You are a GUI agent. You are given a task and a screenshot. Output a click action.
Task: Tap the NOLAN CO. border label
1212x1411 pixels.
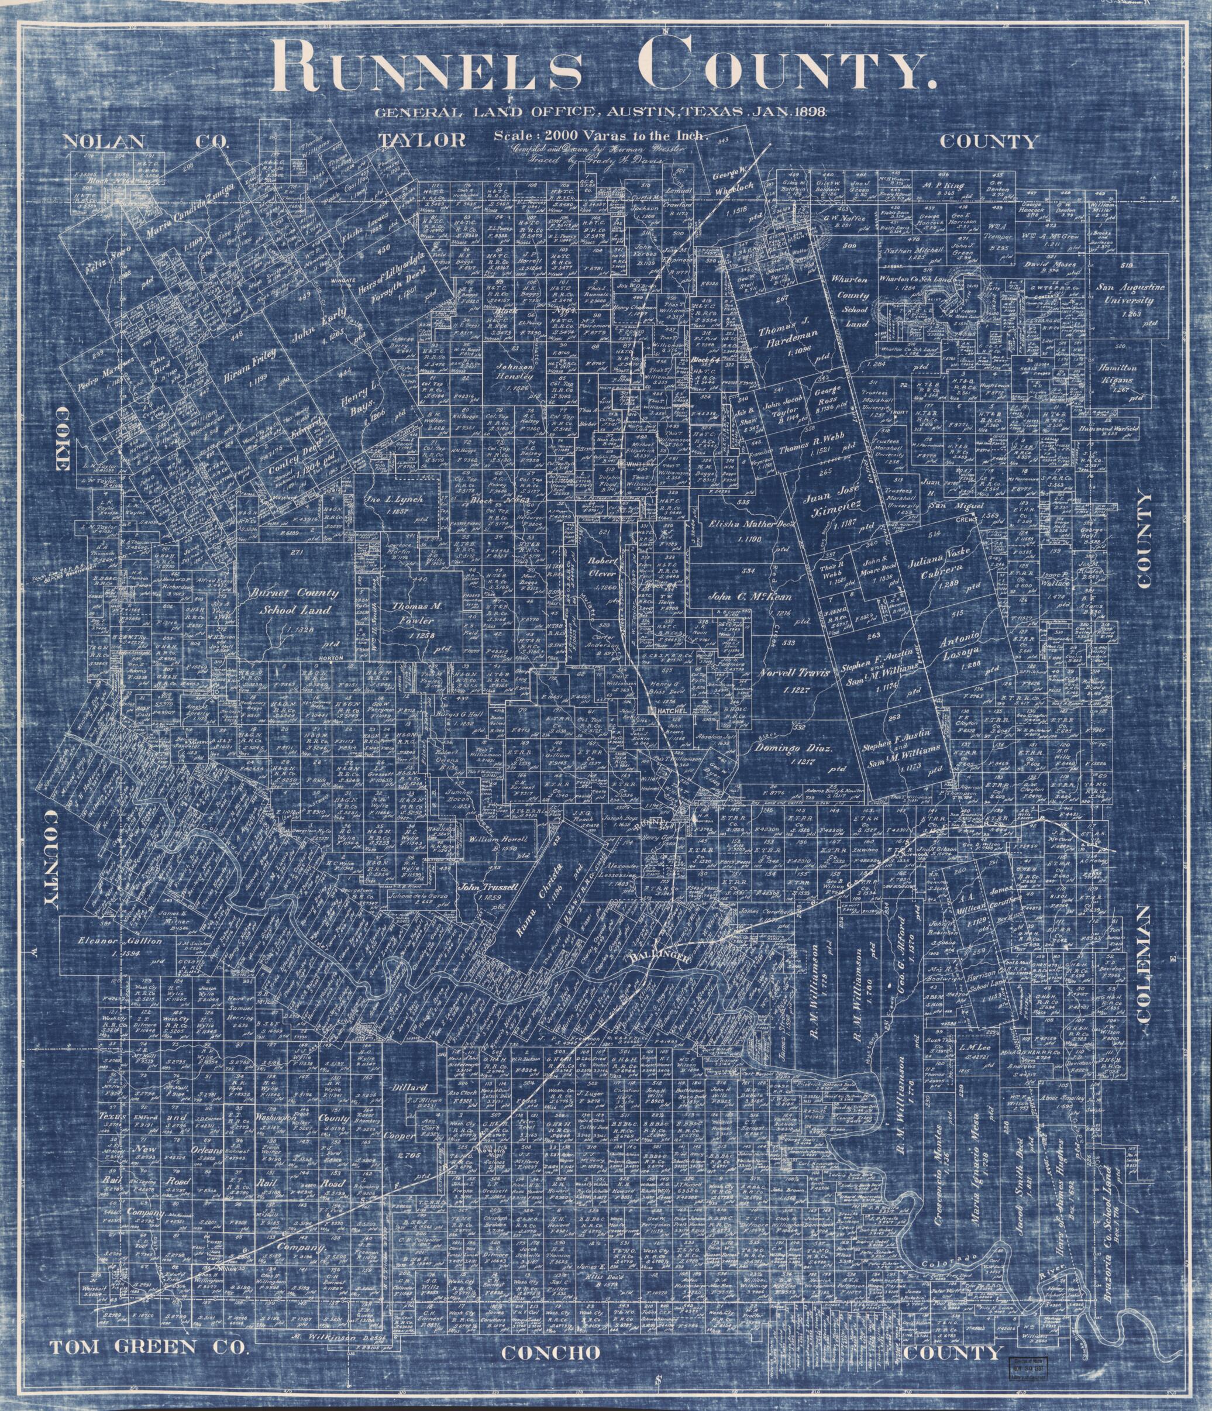[146, 141]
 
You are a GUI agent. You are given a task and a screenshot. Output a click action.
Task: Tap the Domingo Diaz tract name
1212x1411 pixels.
[793, 749]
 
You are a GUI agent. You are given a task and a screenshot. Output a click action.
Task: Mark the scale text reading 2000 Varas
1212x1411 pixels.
[601, 135]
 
